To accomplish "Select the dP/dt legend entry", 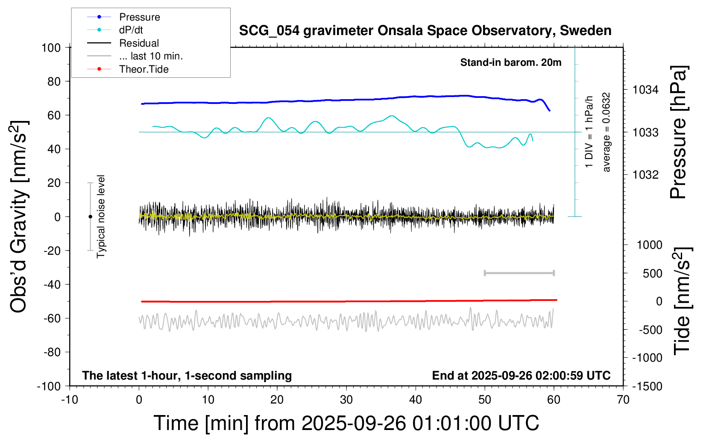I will point(131,30).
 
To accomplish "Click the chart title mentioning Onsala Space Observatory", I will point(425,31).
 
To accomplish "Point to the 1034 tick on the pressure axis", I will point(645,90).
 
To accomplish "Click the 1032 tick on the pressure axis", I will point(645,174).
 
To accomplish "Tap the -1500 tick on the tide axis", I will point(647,386).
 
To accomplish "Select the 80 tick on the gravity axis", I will point(54,81).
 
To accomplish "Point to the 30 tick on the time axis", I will point(346,400).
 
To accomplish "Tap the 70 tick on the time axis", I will point(623,400).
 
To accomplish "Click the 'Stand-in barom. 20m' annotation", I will point(510,62).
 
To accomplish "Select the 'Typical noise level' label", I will point(101,216).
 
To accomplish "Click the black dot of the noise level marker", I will point(90,217).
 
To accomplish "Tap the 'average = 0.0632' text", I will point(606,133).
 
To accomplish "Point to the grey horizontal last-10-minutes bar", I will point(519,273).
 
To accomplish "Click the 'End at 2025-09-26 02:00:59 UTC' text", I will point(521,375).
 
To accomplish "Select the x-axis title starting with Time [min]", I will point(346,423).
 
